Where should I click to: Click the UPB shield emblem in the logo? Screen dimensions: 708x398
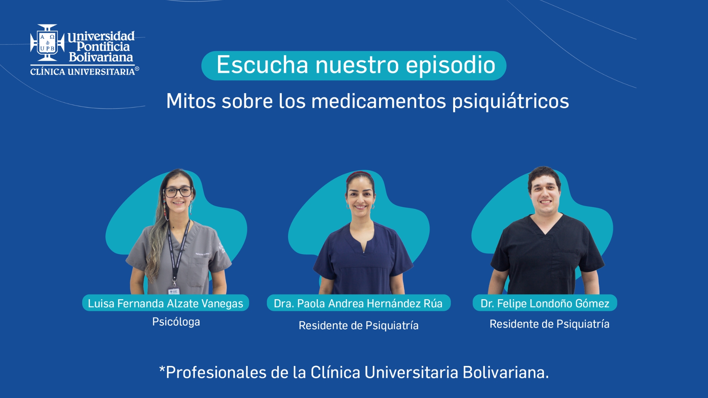pyautogui.click(x=48, y=43)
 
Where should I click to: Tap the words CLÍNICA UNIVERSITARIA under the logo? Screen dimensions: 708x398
pyautogui.click(x=83, y=71)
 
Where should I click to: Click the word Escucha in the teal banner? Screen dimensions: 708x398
pyautogui.click(x=262, y=65)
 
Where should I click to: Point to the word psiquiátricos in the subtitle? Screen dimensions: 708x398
pyautogui.click(x=511, y=101)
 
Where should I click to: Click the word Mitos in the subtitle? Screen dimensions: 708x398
pyautogui.click(x=191, y=101)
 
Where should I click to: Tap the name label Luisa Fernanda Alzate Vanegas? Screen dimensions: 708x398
pyautogui.click(x=166, y=303)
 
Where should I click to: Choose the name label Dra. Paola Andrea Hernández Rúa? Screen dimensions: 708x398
pyautogui.click(x=358, y=303)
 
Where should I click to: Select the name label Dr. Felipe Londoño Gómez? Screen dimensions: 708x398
pyautogui.click(x=545, y=303)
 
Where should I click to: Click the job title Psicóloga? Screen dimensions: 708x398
pyautogui.click(x=176, y=322)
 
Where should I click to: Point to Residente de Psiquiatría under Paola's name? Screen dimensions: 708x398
pyautogui.click(x=358, y=325)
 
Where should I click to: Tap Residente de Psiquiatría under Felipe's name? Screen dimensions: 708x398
pyautogui.click(x=549, y=324)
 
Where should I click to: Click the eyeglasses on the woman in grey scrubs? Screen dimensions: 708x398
pyautogui.click(x=178, y=192)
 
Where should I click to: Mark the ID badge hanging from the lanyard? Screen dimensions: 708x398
pyautogui.click(x=174, y=291)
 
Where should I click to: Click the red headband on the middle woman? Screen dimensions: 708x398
pyautogui.click(x=360, y=174)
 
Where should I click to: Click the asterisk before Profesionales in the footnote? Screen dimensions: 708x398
pyautogui.click(x=162, y=369)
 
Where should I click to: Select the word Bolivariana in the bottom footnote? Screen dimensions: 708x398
pyautogui.click(x=506, y=372)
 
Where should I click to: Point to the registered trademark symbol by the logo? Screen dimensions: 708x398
pyautogui.click(x=137, y=69)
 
